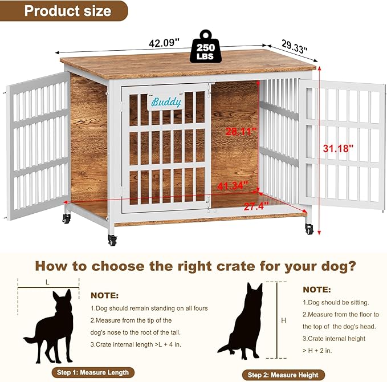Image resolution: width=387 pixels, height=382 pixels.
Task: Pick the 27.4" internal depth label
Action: pos(255,206)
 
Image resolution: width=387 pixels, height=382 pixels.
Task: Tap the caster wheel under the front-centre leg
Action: pos(112,240)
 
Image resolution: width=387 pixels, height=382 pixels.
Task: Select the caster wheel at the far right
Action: pos(309,229)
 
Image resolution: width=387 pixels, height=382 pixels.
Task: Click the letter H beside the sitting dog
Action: pos(284,321)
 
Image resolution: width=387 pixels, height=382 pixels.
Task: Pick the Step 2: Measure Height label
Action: pos(283,375)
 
